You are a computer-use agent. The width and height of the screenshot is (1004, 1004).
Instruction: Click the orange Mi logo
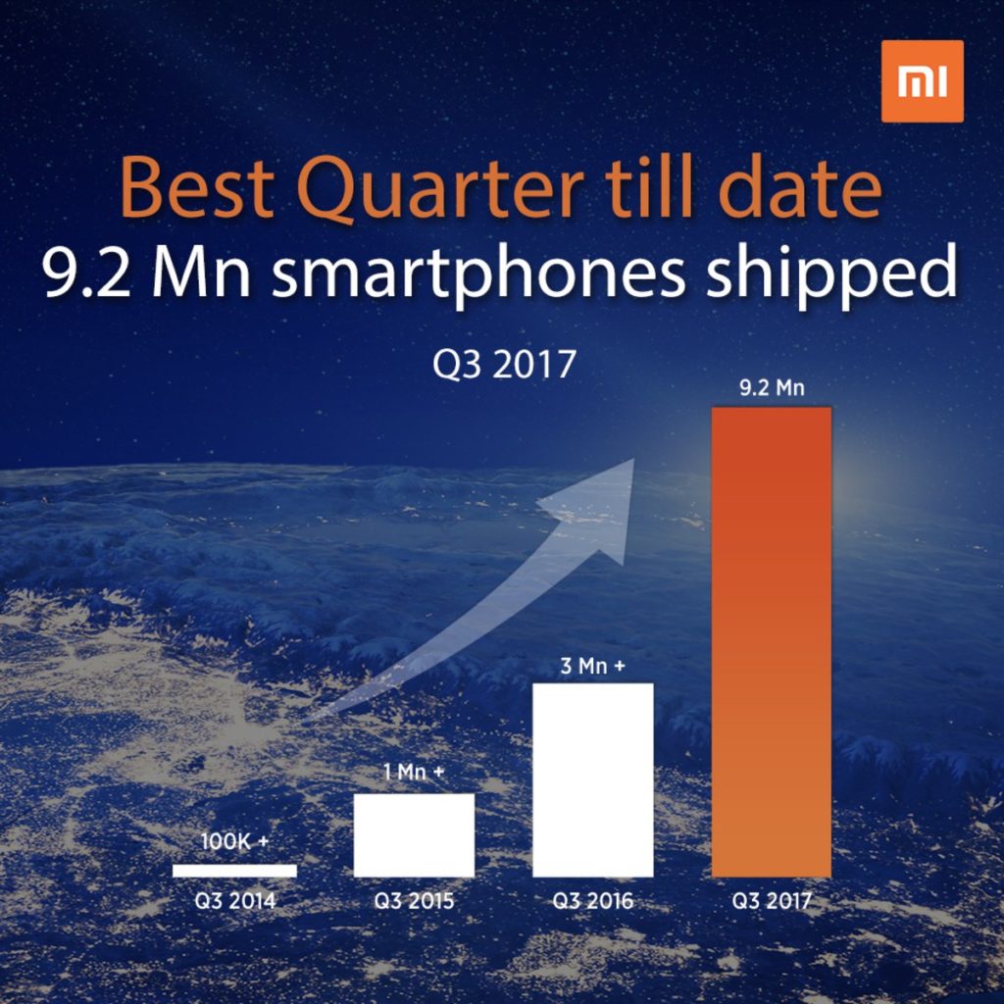(922, 81)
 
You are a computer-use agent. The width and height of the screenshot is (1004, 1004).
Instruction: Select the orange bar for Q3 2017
(771, 641)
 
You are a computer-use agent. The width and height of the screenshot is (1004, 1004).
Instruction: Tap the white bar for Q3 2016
(592, 779)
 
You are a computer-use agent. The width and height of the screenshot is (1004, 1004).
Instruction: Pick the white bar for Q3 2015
(414, 834)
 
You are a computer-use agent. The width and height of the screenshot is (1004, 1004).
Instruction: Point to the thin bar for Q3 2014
(234, 870)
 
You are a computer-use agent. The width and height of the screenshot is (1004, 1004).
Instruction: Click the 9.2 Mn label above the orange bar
(771, 388)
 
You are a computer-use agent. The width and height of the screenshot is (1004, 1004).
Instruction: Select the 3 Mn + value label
(592, 667)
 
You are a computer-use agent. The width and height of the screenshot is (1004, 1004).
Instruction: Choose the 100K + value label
(235, 841)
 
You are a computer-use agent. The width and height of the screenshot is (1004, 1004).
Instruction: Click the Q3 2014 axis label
(234, 901)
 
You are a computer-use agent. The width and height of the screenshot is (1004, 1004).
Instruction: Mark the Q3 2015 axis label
(414, 901)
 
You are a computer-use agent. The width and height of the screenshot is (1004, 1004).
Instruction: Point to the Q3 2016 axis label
(592, 901)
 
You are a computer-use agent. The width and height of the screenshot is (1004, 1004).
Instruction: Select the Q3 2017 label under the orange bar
(772, 901)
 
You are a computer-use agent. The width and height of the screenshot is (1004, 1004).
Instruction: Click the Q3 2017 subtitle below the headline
(503, 365)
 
